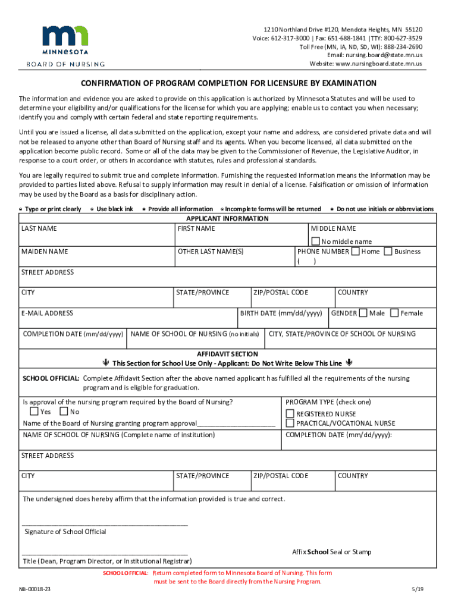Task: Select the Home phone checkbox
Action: pos(355,251)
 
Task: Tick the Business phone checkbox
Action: pos(388,251)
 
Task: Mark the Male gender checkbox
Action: pos(363,313)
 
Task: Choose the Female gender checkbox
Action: pos(394,313)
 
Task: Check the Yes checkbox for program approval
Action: pos(34,412)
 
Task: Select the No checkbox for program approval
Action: pos(64,412)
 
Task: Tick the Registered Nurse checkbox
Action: pos(290,413)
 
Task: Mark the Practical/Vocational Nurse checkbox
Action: pos(290,423)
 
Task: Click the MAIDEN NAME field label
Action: pos(45,252)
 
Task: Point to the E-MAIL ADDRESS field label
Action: pos(47,313)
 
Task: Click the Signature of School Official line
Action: pos(105,525)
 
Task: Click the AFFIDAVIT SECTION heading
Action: pos(228,353)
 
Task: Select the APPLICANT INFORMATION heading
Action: pos(228,219)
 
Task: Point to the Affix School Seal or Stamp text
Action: pos(331,552)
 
